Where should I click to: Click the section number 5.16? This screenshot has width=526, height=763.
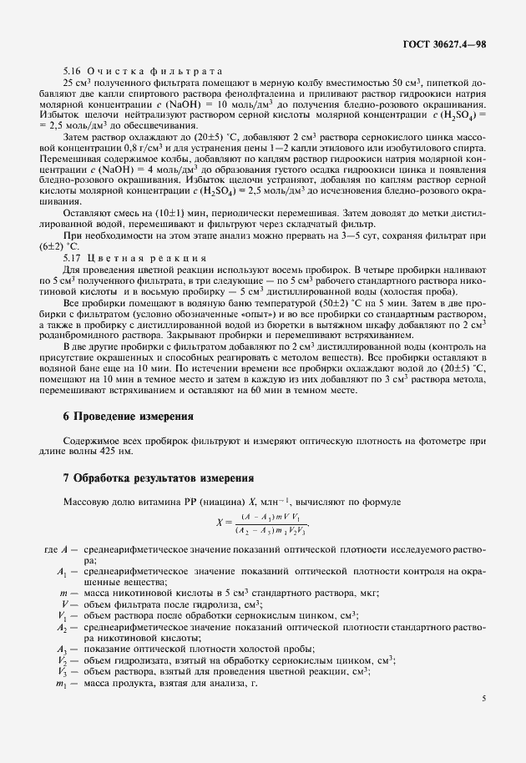pos(73,71)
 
